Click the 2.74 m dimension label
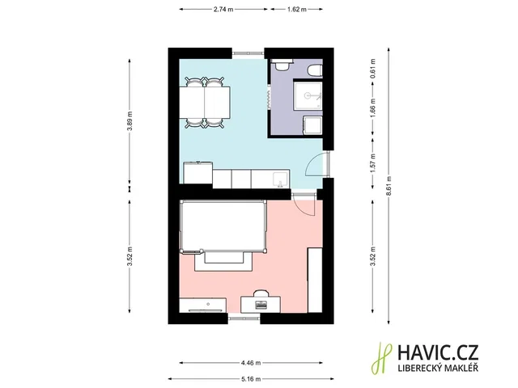(x=223, y=9)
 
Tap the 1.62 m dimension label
(x=297, y=9)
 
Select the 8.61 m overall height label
(x=388, y=186)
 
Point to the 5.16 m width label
(x=251, y=379)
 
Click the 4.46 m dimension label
(x=251, y=363)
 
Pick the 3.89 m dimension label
(x=129, y=120)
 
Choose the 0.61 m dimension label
(x=372, y=69)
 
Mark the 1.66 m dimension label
(x=372, y=108)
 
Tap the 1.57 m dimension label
(x=372, y=162)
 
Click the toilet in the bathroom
(x=315, y=70)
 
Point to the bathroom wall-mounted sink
(x=282, y=65)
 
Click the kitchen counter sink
(x=281, y=179)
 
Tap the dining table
(x=205, y=103)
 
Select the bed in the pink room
(x=223, y=226)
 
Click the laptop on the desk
(x=261, y=305)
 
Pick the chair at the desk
(x=261, y=293)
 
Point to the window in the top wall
(x=248, y=53)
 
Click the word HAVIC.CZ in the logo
(x=438, y=352)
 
